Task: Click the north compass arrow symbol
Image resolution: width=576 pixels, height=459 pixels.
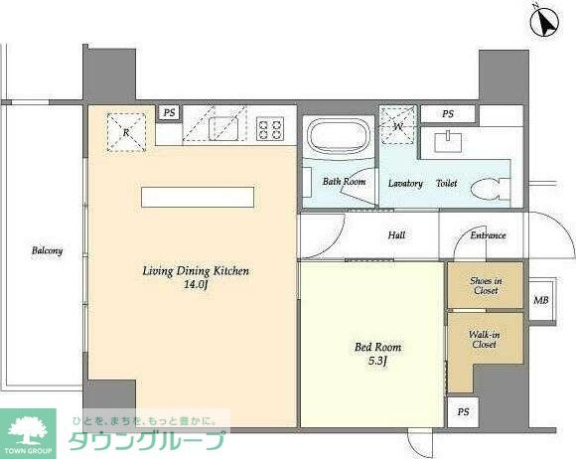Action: point(545,22)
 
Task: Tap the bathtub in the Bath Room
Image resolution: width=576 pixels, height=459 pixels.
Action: point(338,137)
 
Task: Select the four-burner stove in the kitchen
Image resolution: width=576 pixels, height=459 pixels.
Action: point(270,128)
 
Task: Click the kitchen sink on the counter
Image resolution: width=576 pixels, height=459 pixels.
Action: point(223,129)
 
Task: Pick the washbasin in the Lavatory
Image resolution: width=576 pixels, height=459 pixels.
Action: point(448,141)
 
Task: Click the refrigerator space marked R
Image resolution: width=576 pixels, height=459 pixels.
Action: point(126,132)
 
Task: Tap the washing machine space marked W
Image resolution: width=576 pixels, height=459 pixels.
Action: point(398,126)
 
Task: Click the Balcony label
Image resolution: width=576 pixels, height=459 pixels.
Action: point(47,251)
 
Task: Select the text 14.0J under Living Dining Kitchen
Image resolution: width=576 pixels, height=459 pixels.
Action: point(196,285)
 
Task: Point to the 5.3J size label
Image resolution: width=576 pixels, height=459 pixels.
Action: point(377,361)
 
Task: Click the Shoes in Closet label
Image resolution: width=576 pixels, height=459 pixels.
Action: point(486,285)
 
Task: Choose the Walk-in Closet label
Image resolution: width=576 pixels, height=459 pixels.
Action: point(485,340)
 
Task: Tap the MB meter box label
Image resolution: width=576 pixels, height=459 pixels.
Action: point(540,300)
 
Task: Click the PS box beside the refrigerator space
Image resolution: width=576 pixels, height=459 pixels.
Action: point(169,112)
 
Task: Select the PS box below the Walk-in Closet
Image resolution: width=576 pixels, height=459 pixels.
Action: point(463,412)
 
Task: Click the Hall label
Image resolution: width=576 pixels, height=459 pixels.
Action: point(396,234)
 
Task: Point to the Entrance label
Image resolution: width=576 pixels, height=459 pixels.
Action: point(489,235)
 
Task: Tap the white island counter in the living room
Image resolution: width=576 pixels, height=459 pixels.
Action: point(198,197)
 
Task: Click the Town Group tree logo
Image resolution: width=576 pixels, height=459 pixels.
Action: point(28,433)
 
